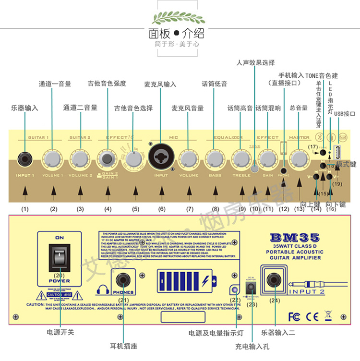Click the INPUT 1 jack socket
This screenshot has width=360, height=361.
[24, 158]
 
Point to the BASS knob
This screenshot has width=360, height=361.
[215, 158]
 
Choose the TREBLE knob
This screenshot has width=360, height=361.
[241, 158]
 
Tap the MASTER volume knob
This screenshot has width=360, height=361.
[299, 158]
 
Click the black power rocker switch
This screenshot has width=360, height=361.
[59, 257]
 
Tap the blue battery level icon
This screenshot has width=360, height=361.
[185, 280]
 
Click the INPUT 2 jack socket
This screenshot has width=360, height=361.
[275, 279]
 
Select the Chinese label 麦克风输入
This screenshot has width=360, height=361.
[160, 84]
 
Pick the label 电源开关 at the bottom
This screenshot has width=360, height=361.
[60, 332]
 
